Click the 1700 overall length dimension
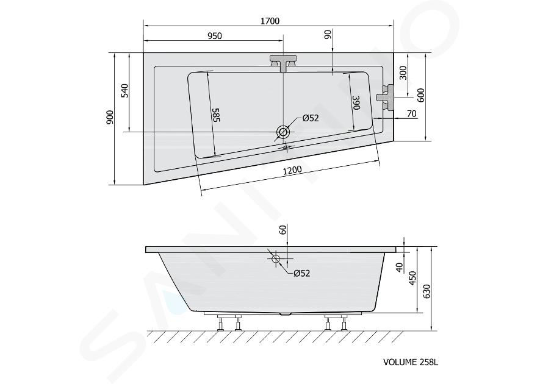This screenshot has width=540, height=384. coord(270,21)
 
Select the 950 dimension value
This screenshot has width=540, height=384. coord(215,36)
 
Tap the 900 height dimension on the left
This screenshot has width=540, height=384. coord(110,118)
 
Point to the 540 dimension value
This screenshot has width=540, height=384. coord(124,90)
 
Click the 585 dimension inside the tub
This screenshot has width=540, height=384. coord(215,115)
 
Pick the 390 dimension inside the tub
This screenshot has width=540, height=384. coord(356,103)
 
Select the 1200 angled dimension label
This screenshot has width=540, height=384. coord(292,169)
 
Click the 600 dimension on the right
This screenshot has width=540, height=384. coord(421,95)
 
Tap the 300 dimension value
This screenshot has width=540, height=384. coord(403,73)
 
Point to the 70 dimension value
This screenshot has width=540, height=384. coord(411,113)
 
